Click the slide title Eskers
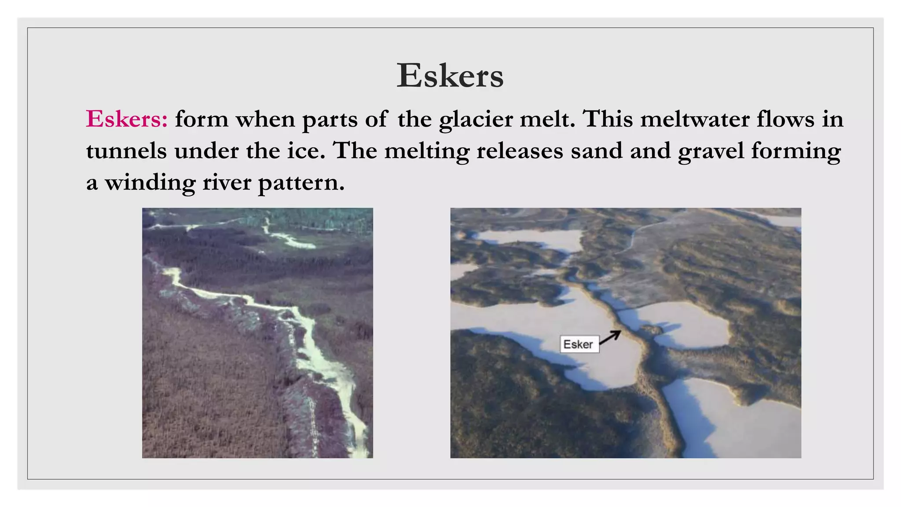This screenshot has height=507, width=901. pos(450,76)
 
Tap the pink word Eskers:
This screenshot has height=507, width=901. pos(127,119)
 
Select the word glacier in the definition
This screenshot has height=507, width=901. pos(476,120)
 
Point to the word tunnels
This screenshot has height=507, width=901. pos(126,151)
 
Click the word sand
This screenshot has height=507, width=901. pos(596,151)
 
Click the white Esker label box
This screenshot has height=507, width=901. pos(579,344)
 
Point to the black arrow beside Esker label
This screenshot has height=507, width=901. pos(610,338)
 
